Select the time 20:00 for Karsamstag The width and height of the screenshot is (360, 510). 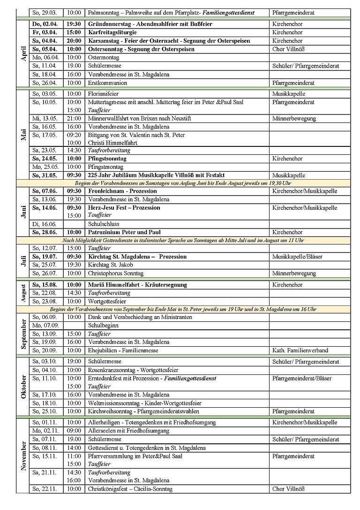point(73,40)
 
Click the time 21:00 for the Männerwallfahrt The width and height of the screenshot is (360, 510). point(73,119)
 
